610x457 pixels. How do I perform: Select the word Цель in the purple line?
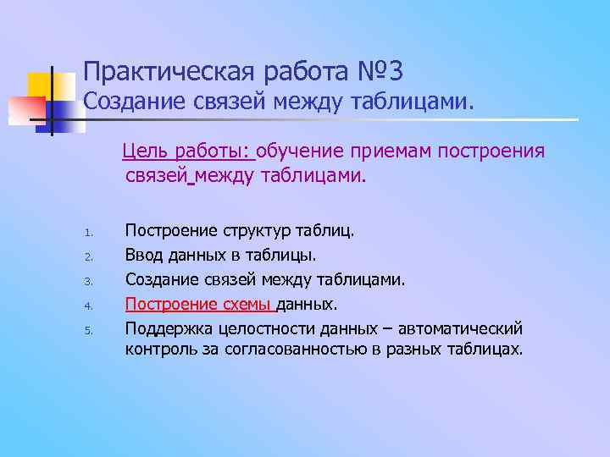point(143,151)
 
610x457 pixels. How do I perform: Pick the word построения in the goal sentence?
point(499,151)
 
